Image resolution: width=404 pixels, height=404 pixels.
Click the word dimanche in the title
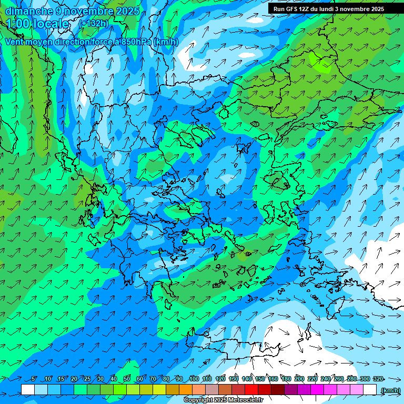tap(29, 11)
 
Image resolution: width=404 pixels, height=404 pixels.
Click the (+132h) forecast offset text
tap(94, 23)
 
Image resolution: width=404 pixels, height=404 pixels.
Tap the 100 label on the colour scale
tap(194, 379)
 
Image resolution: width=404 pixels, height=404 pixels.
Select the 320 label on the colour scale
tap(377, 379)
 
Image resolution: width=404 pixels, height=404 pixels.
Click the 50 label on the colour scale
tap(127, 379)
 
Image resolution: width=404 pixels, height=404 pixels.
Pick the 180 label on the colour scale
tap(286, 379)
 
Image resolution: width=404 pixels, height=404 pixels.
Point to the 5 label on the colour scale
tap(34, 379)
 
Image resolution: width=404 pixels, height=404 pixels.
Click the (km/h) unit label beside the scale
tap(390, 390)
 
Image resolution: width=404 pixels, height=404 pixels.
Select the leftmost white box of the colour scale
tap(28, 389)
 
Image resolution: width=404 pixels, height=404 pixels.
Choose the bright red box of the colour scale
tap(251, 389)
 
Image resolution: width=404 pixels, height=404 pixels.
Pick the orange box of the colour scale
tap(186, 389)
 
